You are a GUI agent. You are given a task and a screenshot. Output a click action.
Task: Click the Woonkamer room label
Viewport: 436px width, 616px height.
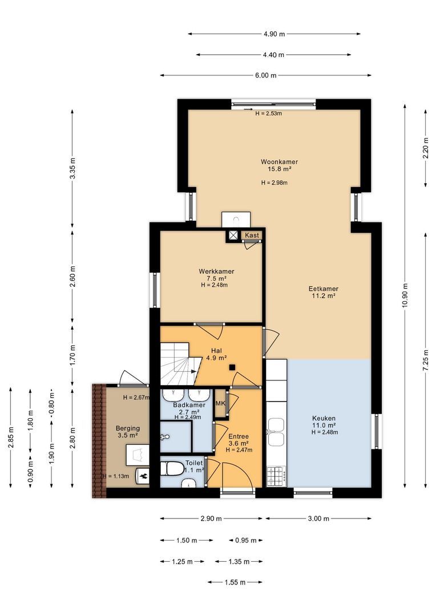tap(279, 162)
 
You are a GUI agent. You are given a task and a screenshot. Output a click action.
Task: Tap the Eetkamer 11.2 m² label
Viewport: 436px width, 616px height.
tap(323, 292)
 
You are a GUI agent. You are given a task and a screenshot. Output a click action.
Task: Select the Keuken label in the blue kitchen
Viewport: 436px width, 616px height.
tap(324, 419)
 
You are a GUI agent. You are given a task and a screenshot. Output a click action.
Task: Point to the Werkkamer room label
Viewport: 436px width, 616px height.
tap(216, 271)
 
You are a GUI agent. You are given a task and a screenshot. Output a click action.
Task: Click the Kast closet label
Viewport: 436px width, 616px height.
tap(252, 236)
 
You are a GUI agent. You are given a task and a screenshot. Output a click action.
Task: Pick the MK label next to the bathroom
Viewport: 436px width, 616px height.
tap(220, 403)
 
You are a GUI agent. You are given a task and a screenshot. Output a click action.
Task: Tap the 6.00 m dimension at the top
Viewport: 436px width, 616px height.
tap(266, 75)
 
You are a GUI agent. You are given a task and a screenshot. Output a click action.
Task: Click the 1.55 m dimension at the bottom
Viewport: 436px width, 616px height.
tap(235, 582)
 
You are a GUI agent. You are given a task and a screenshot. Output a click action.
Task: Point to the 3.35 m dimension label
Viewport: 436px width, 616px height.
tap(72, 168)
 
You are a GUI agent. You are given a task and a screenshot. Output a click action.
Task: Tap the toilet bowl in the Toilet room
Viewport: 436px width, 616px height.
tap(172, 469)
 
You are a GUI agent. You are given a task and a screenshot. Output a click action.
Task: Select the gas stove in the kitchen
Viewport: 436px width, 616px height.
tap(276, 476)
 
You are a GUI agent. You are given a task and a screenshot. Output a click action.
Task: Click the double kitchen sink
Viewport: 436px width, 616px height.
tap(276, 432)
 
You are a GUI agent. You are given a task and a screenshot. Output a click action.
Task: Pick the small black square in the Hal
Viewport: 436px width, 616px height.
tap(232, 368)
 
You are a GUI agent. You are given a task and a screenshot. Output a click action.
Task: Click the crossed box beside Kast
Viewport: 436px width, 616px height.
tap(233, 236)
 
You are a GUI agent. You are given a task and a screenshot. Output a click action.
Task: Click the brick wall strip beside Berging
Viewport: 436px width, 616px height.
tap(99, 441)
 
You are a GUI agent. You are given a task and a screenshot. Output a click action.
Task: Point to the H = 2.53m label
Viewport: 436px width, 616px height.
tap(269, 114)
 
